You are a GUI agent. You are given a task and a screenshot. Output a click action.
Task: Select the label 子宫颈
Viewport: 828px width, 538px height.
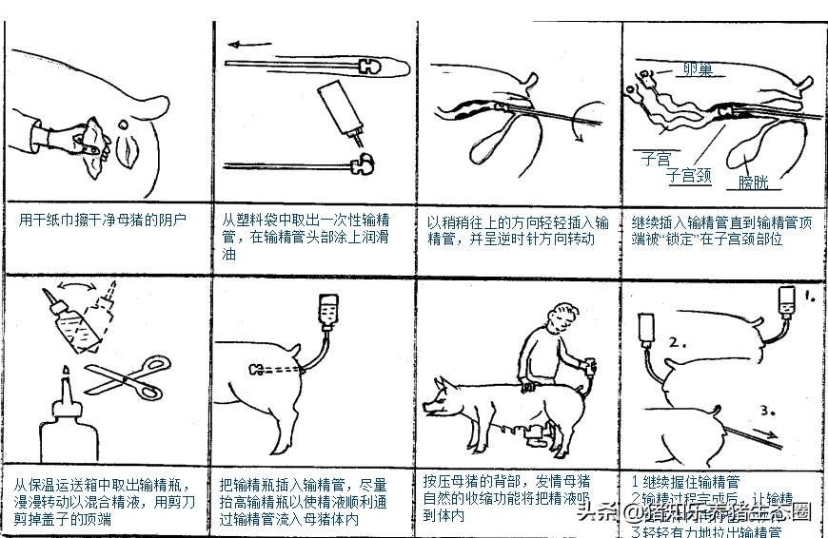tap(688, 175)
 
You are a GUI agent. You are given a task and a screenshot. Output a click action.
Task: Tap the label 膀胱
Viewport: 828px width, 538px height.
tap(753, 182)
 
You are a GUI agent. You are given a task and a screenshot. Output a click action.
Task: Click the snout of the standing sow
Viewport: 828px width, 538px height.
tap(429, 410)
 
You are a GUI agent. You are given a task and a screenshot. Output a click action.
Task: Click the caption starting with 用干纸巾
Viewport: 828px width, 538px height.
tap(102, 220)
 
